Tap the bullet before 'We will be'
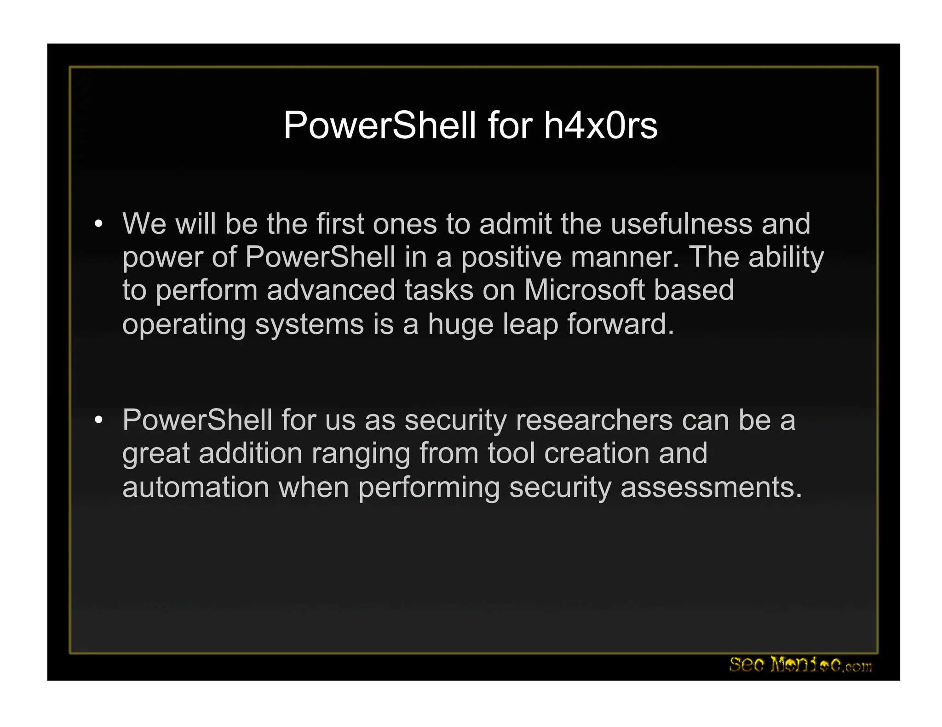[x=98, y=224]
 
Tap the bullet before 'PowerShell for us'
[x=98, y=420]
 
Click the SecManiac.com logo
[x=800, y=665]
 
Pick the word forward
[x=620, y=324]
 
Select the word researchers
[x=594, y=420]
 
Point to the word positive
[x=511, y=257]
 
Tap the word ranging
[x=361, y=454]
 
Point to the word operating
[x=184, y=324]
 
